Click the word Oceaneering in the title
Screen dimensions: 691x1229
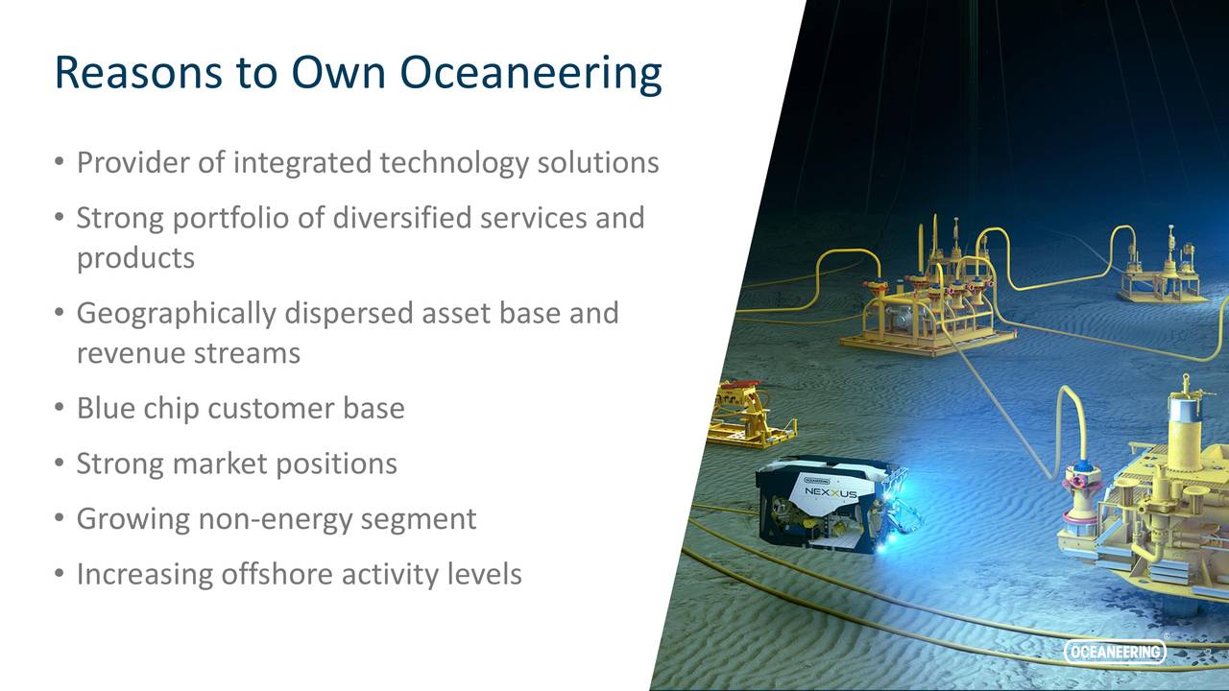click(x=530, y=73)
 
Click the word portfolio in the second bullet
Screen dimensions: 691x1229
click(x=239, y=218)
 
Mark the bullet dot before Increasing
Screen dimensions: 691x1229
click(x=60, y=574)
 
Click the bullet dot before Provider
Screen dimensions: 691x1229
click(x=60, y=162)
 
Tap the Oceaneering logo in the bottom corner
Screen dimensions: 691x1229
click(x=1115, y=653)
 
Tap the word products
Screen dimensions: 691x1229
click(x=135, y=258)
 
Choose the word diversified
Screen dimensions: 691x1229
click(x=401, y=218)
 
